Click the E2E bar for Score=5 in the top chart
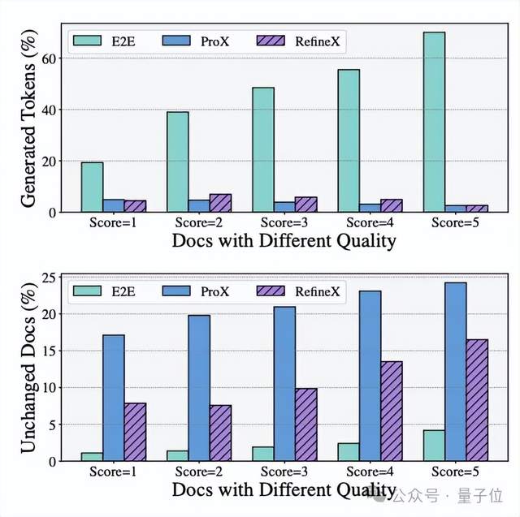pyautogui.click(x=434, y=122)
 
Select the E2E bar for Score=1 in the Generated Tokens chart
pyautogui.click(x=92, y=187)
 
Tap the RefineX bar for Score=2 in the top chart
pyautogui.click(x=220, y=203)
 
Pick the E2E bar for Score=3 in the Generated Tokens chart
pyautogui.click(x=262, y=149)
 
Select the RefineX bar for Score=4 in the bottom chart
pyautogui.click(x=392, y=411)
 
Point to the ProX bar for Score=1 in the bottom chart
pyautogui.click(x=113, y=398)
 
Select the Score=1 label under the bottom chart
pyautogui.click(x=113, y=472)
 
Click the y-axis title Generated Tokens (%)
pyautogui.click(x=27, y=118)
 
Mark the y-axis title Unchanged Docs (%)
pyautogui.click(x=27, y=368)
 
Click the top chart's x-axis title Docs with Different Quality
pyautogui.click(x=284, y=240)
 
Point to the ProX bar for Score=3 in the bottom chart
pyautogui.click(x=284, y=383)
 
